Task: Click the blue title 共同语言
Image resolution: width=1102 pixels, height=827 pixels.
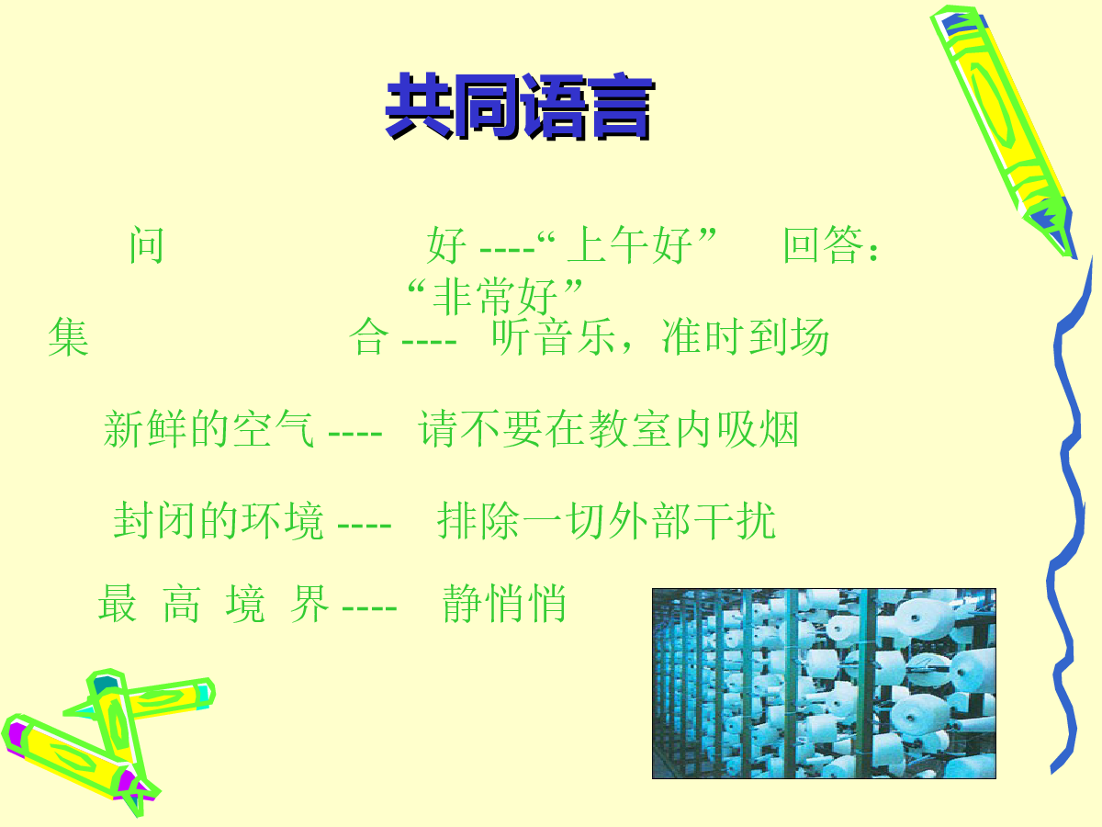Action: (x=520, y=107)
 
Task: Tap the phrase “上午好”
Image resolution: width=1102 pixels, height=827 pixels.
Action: (x=626, y=245)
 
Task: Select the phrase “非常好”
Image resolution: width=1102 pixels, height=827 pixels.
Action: (x=495, y=297)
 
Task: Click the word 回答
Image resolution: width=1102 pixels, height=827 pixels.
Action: (x=824, y=245)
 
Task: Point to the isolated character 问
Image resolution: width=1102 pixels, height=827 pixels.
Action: (x=147, y=245)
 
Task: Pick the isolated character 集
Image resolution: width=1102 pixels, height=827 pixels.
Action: (x=68, y=337)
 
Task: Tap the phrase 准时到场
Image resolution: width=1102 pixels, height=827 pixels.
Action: (x=745, y=337)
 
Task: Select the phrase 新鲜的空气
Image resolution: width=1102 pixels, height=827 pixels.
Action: (x=208, y=429)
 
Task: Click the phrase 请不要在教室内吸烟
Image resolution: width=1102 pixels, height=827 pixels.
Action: (x=608, y=429)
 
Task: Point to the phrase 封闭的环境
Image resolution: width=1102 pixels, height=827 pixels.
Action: (x=219, y=521)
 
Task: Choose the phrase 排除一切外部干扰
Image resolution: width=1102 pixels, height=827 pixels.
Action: (x=606, y=521)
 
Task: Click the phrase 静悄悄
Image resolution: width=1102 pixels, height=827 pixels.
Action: (x=504, y=604)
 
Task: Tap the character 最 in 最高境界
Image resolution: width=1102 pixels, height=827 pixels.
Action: (x=117, y=604)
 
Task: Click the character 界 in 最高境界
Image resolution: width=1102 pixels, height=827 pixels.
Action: (x=309, y=604)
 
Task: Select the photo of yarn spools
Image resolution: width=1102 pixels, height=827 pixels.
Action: (x=824, y=684)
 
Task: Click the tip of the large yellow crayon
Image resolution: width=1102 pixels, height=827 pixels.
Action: (x=1074, y=257)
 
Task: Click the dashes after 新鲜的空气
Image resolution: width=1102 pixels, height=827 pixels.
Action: (x=355, y=433)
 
